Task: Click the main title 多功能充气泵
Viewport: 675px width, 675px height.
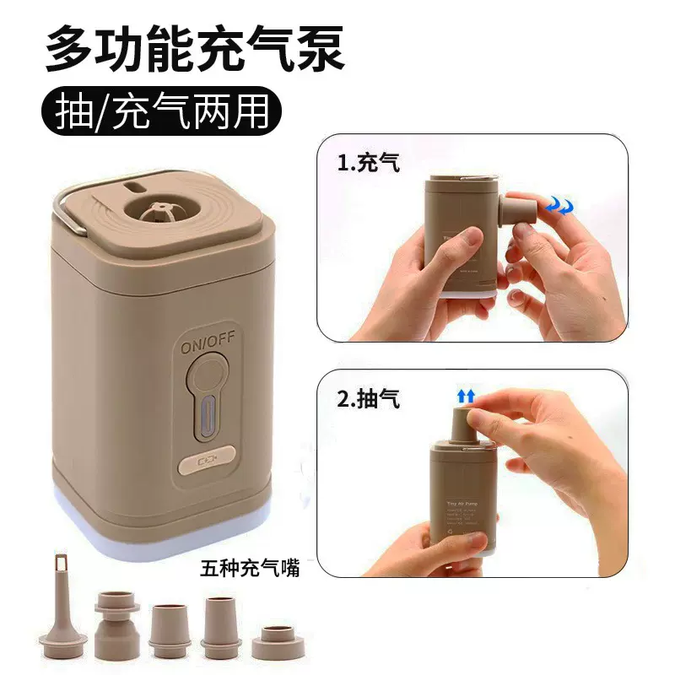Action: [x=195, y=49]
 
